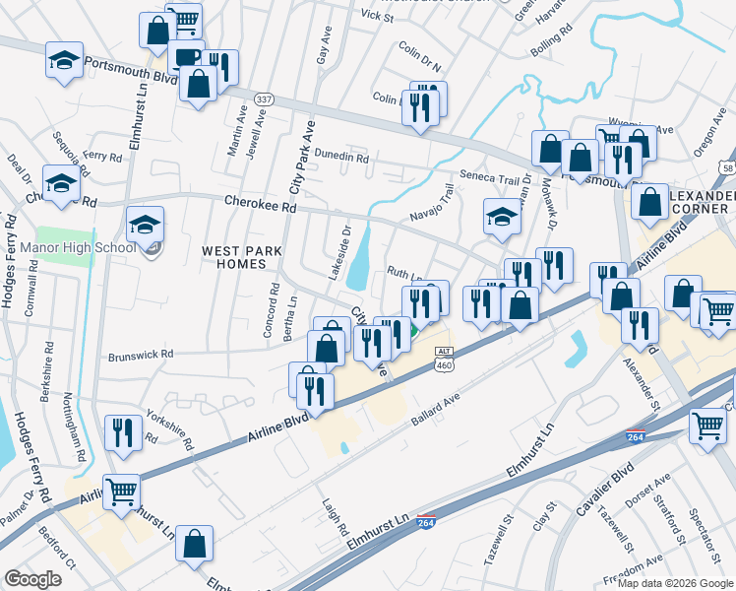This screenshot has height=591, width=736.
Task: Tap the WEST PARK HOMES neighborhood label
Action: click(234, 258)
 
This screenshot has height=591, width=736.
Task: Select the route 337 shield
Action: click(263, 99)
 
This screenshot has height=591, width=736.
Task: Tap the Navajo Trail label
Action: click(432, 204)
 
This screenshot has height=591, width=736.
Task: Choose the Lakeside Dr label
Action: click(338, 252)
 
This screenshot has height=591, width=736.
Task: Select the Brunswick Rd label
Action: click(141, 354)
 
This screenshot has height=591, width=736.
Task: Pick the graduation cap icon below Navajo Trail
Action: click(502, 216)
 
